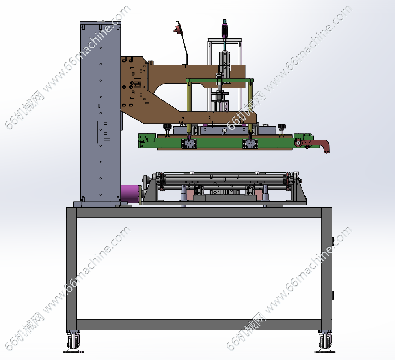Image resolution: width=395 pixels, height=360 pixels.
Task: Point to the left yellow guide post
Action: [x=189, y=107]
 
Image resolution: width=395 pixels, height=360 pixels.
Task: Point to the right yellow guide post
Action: [x=250, y=107]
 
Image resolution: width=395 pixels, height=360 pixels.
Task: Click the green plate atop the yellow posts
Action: [x=220, y=80]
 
